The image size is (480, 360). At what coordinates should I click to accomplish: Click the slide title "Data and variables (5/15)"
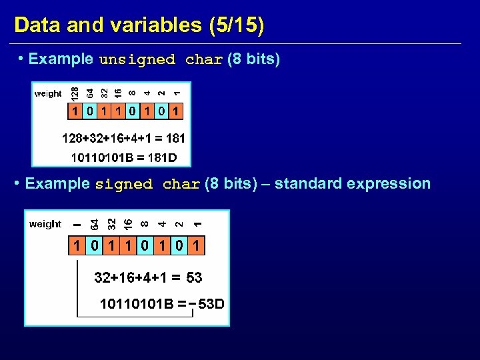(x=139, y=25)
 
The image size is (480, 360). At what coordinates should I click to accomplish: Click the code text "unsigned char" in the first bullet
(x=160, y=59)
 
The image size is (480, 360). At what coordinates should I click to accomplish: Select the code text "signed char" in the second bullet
(x=148, y=184)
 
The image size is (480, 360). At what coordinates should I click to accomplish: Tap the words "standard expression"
(x=353, y=183)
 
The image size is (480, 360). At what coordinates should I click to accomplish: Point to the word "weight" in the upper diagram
(x=47, y=94)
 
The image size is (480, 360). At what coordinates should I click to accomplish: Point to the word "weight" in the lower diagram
(x=45, y=224)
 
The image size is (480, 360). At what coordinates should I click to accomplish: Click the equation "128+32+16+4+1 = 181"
(x=123, y=139)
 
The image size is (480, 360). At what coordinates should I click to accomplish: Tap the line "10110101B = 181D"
(x=123, y=158)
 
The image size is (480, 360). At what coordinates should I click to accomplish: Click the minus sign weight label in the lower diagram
(x=77, y=224)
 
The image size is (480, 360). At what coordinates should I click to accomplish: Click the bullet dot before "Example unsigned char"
(x=21, y=59)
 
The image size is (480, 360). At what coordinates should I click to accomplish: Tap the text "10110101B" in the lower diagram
(x=137, y=305)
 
